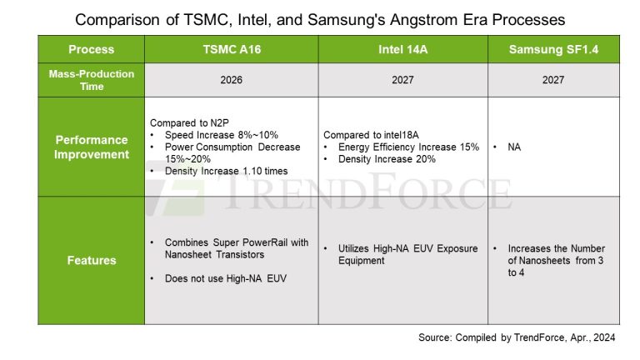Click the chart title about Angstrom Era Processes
point(320,17)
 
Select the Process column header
point(91,49)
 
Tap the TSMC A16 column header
point(231,49)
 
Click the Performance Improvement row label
point(91,147)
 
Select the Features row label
point(91,260)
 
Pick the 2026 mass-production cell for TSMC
point(231,80)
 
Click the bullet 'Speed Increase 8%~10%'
point(214,135)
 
